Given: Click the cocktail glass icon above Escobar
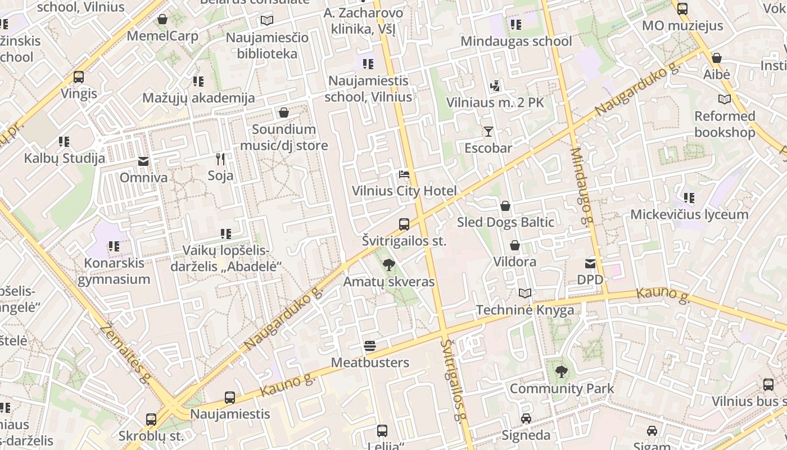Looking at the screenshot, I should [x=489, y=132].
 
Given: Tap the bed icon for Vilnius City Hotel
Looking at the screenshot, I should [x=404, y=174].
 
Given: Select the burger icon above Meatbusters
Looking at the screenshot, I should [x=370, y=345].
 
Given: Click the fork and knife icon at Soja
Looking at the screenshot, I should [x=220, y=159].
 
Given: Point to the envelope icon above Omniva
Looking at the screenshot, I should [x=143, y=162].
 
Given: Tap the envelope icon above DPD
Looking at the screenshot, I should [x=590, y=264].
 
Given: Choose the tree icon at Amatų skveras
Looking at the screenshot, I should [x=388, y=265].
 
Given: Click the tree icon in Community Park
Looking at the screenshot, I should [x=561, y=372].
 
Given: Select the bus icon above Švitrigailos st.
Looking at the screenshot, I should [x=404, y=224].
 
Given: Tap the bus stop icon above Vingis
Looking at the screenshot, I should [x=79, y=77].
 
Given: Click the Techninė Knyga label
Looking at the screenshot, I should [x=525, y=310].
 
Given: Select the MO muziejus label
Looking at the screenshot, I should [x=682, y=25].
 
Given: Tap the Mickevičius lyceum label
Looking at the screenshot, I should [x=689, y=214].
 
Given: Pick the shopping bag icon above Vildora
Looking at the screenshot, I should [x=514, y=245].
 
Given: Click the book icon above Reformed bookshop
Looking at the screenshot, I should [x=725, y=100].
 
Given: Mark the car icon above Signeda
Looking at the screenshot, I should [x=526, y=418].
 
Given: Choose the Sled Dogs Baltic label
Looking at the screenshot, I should [x=505, y=222].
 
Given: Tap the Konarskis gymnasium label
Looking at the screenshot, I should [x=114, y=271].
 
